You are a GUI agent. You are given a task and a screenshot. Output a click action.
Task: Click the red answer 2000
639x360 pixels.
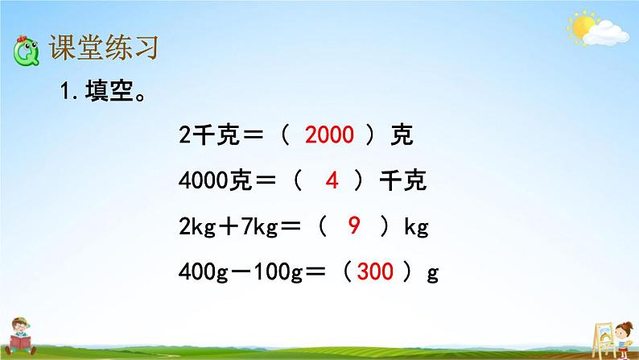330,135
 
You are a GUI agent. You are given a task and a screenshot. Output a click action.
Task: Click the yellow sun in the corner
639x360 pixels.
583,27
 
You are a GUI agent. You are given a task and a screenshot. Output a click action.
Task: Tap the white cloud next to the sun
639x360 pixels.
608,33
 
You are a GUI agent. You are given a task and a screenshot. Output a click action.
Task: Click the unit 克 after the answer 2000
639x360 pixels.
401,135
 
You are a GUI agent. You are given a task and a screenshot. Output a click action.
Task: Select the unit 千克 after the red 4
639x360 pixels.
402,181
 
